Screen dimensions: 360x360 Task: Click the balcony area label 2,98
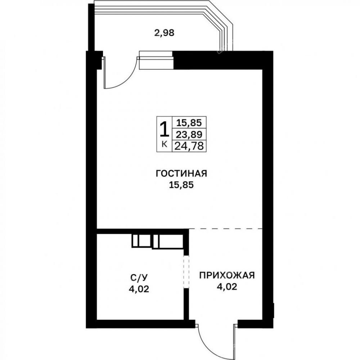coord(165,33)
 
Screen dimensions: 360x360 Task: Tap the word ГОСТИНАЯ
coord(181,174)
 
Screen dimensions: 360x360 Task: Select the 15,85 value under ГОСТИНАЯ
coord(181,185)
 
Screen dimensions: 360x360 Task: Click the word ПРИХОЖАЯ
coord(227,275)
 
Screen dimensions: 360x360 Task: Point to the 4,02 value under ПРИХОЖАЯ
coord(227,287)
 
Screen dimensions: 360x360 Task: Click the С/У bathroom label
coord(139,278)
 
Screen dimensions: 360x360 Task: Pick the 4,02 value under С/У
coord(139,289)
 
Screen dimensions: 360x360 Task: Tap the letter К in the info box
coord(165,144)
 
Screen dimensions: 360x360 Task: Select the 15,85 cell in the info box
coord(189,122)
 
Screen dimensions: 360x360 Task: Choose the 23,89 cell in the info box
coord(189,134)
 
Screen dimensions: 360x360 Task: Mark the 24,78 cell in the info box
coord(189,146)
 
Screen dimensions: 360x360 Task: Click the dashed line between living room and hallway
coord(225,229)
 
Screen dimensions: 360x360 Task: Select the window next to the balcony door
coord(156,60)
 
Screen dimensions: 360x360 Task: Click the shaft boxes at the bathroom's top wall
coord(158,241)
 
